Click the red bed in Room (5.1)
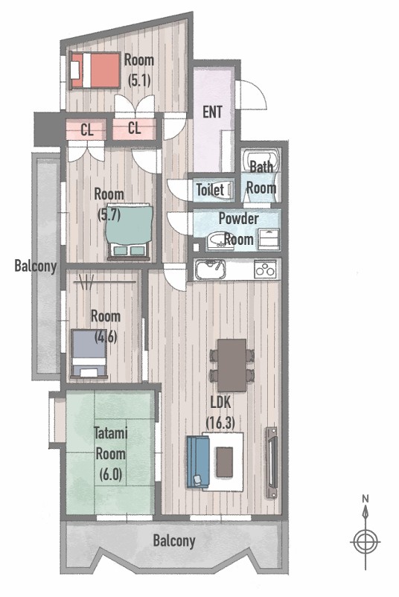pyautogui.click(x=95, y=70)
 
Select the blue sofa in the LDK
pyautogui.click(x=198, y=462)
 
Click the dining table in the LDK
pyautogui.click(x=232, y=365)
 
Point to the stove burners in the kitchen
pyautogui.click(x=265, y=269)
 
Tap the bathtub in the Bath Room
pyautogui.click(x=261, y=161)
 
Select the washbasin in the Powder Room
pyautogui.click(x=220, y=240)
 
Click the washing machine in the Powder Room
pyautogui.click(x=269, y=239)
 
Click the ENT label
pyautogui.click(x=212, y=112)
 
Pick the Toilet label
pyautogui.click(x=210, y=190)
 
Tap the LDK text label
pyautogui.click(x=221, y=403)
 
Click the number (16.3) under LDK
pyautogui.click(x=220, y=423)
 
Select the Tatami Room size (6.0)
pyautogui.click(x=110, y=474)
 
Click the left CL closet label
pyautogui.click(x=87, y=130)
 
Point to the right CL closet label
pyautogui.click(x=134, y=128)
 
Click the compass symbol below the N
pyautogui.click(x=366, y=540)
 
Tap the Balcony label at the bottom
pyautogui.click(x=174, y=540)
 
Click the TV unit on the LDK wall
pyautogui.click(x=272, y=462)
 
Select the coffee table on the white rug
pyautogui.click(x=224, y=462)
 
